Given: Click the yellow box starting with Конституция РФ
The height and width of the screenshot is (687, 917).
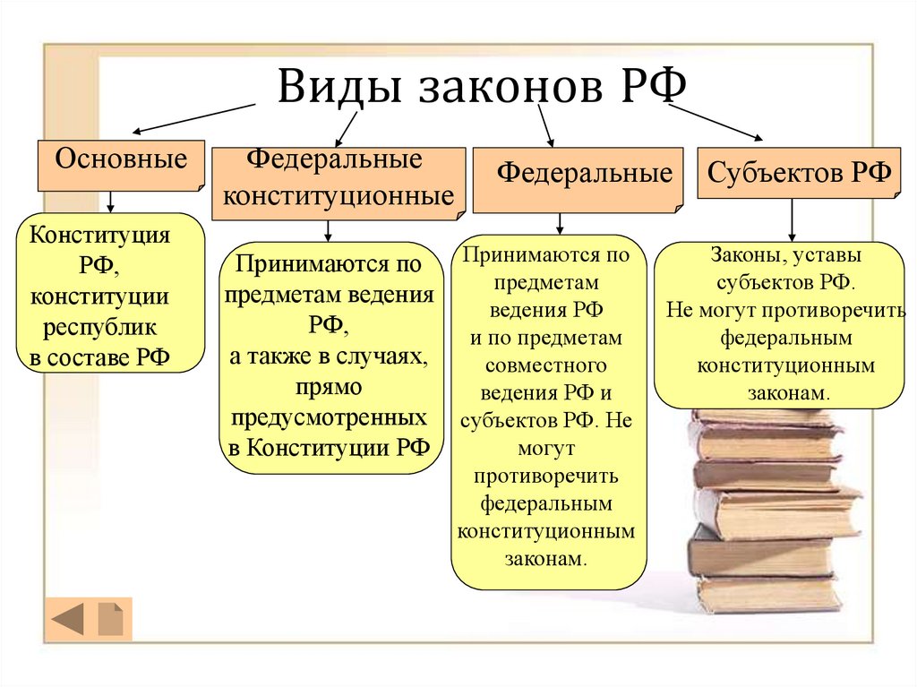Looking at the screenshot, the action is [110, 292].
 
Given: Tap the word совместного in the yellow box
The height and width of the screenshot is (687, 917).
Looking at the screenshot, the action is [546, 365].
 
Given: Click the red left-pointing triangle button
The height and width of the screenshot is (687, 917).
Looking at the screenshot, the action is [68, 619].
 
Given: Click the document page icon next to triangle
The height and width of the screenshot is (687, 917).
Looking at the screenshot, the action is [110, 619].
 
